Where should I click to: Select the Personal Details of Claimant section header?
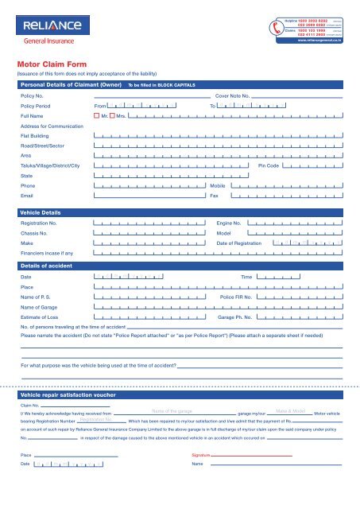click(72, 84)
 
